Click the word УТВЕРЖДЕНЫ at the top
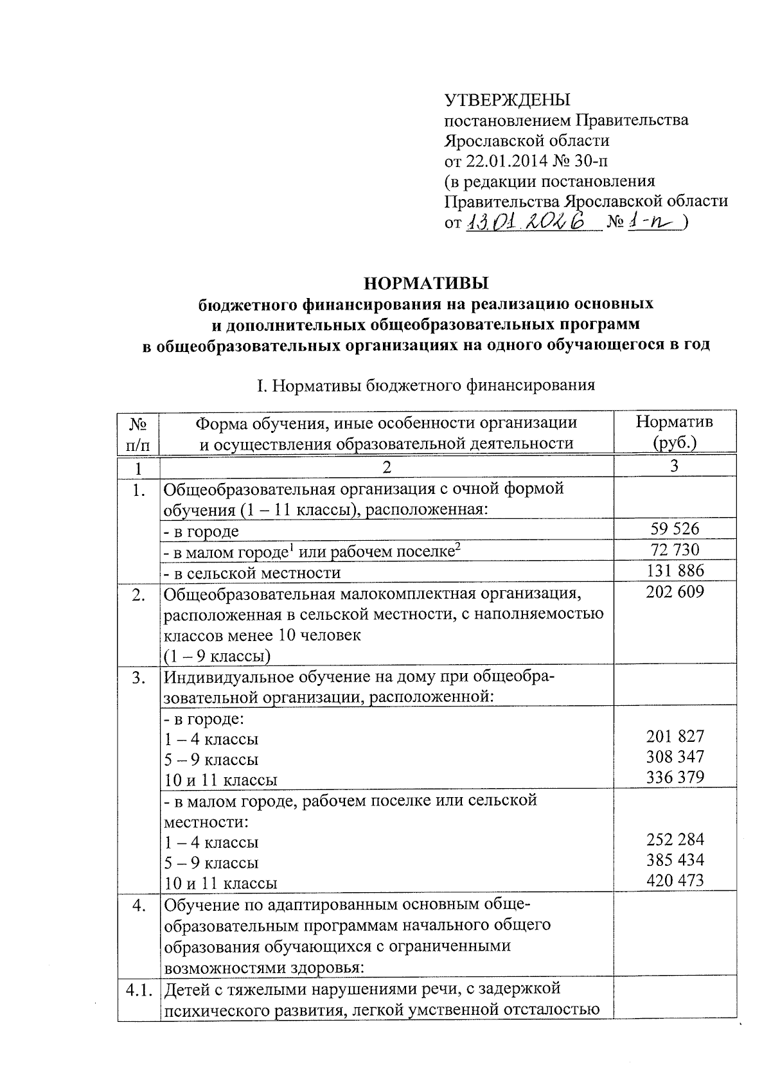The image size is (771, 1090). click(508, 100)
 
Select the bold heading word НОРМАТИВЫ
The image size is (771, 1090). click(426, 283)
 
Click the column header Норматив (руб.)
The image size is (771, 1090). click(674, 432)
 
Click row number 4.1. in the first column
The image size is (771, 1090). click(139, 990)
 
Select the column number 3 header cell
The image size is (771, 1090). click(674, 466)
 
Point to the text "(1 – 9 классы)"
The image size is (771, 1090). click(217, 656)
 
